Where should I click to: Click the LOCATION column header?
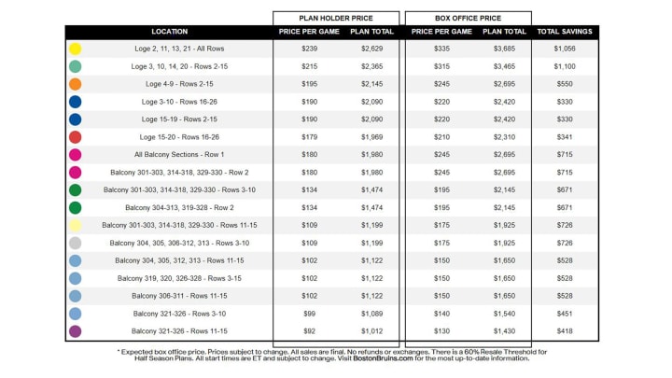coord(169,32)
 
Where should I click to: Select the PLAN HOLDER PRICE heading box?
coord(336,18)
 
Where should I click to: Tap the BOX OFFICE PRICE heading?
coord(468,18)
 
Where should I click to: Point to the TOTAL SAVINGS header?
coord(565,32)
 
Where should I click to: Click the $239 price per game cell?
coord(310,49)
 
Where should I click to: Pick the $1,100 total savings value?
coord(565,66)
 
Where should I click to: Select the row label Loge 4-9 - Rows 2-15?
coord(179,84)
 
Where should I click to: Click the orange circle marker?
coord(75,84)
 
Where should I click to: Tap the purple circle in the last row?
coord(75,331)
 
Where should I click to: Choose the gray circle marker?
coord(75,243)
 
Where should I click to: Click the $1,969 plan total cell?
coord(371,137)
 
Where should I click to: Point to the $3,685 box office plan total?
coord(504,49)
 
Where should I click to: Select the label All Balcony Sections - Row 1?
coord(179,155)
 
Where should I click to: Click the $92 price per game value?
coord(310,331)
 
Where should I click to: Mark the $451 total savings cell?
coord(565,314)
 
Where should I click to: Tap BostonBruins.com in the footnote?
coord(383,358)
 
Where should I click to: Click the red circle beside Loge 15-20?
coord(75,137)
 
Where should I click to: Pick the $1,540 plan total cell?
coord(504,314)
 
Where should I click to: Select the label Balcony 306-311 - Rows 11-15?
coord(179,296)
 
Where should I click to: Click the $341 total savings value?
coord(565,137)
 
